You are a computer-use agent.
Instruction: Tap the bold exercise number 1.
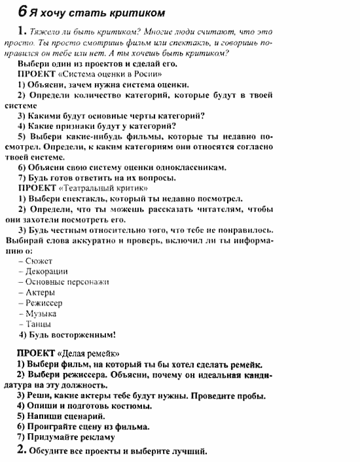22,31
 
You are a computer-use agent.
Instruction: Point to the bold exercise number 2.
22,450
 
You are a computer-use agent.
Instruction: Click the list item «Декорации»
46,272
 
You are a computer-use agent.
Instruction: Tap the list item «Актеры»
40,293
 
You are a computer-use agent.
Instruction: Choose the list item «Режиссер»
45,303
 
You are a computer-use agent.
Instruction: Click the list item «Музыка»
41,313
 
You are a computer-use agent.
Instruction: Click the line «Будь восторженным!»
71,335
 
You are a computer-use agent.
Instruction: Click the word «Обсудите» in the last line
51,451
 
